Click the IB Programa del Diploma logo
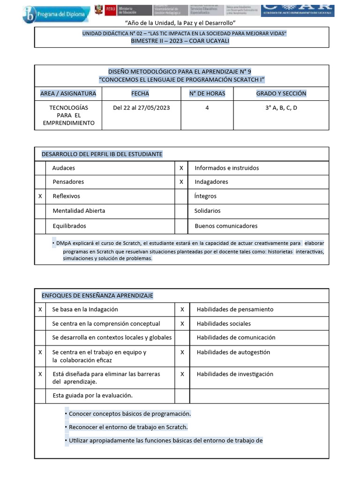tap(55, 14)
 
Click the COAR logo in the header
tap(297, 9)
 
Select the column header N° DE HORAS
tap(207, 93)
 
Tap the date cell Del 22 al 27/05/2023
tap(141, 108)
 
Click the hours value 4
tap(207, 108)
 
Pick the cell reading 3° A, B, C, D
tap(281, 108)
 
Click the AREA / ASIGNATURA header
tap(68, 93)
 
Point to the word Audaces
tap(64, 168)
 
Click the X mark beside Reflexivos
tap(40, 196)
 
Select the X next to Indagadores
tap(181, 181)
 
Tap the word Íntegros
tap(205, 196)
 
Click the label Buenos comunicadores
tap(226, 225)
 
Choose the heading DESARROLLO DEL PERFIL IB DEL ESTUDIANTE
tap(102, 154)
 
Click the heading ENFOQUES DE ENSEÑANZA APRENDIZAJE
tap(97, 295)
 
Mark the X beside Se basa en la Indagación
tap(40, 309)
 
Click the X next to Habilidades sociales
tap(182, 323)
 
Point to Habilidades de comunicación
tap(236, 337)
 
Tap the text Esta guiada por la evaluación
tap(92, 395)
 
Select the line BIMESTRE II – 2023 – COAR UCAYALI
tap(181, 41)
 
